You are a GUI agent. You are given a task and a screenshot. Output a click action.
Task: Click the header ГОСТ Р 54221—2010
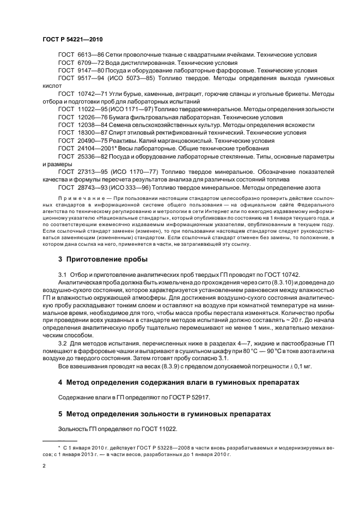(72, 40)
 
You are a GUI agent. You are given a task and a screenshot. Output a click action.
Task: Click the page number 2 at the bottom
(44, 466)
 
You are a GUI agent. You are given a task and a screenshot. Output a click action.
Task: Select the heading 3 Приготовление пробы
(103, 244)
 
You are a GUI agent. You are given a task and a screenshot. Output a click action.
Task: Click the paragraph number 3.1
(62, 259)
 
